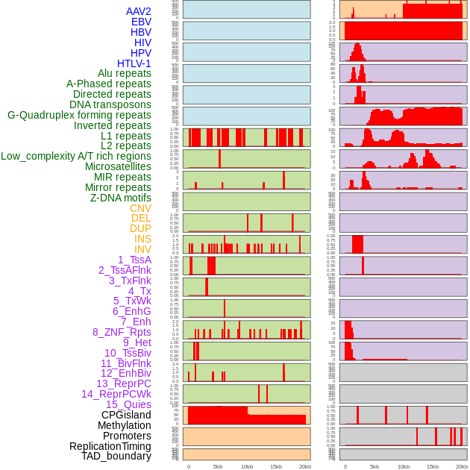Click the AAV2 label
[x=138, y=11]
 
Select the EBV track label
[x=140, y=22]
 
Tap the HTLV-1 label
[x=134, y=63]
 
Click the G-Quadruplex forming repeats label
[x=79, y=115]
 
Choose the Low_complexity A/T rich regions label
[x=76, y=156]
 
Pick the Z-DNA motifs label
[x=120, y=198]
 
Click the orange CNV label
[x=140, y=208]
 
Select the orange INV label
[x=142, y=249]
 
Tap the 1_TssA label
[x=134, y=260]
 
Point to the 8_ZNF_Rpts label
[x=122, y=332]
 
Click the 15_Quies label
[x=128, y=404]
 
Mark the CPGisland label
[x=126, y=415]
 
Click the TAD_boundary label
[x=116, y=456]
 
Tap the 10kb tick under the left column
[x=247, y=466]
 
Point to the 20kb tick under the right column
[x=462, y=466]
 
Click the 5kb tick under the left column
[x=218, y=466]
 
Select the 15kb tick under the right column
[x=433, y=466]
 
